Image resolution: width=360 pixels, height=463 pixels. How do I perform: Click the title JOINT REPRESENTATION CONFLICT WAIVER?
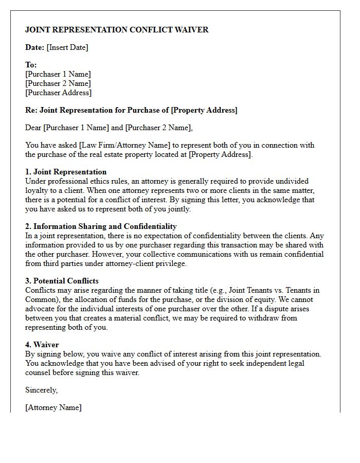[x=117, y=30]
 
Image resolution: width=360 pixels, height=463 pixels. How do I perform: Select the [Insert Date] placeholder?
[x=67, y=47]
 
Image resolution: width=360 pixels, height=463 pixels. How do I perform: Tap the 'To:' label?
[x=31, y=65]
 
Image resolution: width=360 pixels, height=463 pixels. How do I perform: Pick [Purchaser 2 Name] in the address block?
[x=58, y=83]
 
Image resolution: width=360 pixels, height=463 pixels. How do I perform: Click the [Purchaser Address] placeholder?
[x=58, y=93]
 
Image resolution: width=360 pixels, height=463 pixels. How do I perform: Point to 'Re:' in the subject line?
[x=31, y=110]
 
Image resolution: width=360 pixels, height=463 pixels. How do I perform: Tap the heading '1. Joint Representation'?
[x=66, y=172]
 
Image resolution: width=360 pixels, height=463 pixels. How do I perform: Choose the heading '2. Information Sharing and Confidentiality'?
[x=101, y=226]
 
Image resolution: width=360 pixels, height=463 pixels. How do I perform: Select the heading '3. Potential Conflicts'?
[x=62, y=281]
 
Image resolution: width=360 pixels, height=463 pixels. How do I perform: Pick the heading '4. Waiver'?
[x=42, y=345]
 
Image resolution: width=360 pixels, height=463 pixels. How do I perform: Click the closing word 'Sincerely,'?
[x=42, y=390]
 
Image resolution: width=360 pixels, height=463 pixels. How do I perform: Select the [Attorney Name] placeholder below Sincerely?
[x=53, y=407]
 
